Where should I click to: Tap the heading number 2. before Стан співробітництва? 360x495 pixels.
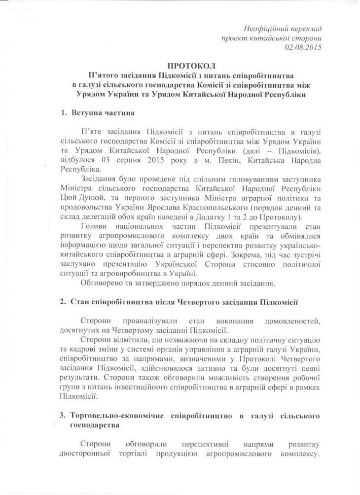61,301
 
